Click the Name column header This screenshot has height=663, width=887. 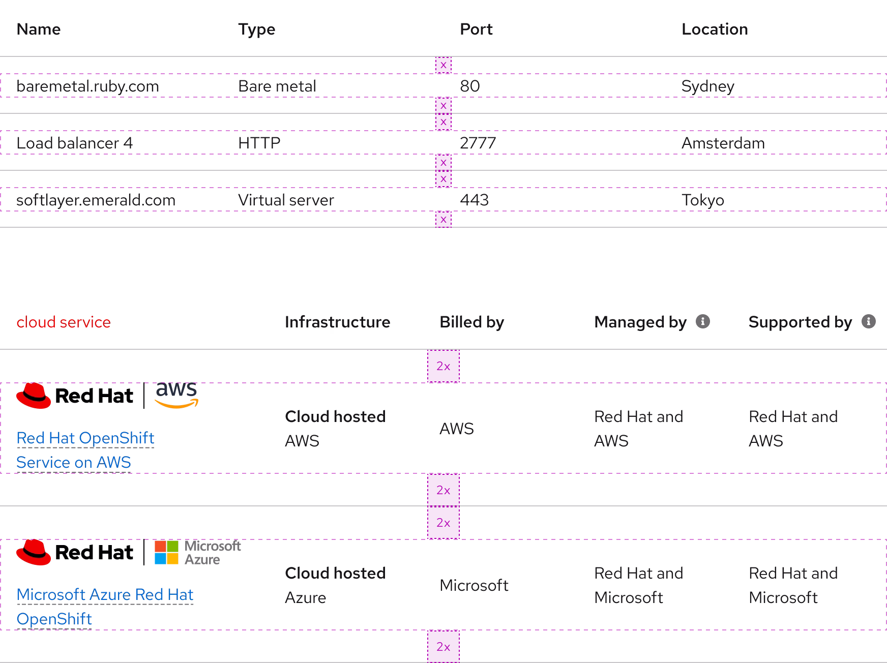tap(38, 29)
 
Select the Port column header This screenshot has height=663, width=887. tap(476, 29)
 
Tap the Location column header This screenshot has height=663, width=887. tap(715, 29)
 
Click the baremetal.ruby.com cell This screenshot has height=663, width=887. tap(87, 86)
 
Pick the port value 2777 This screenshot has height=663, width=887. tap(478, 143)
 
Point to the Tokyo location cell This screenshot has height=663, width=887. tap(702, 200)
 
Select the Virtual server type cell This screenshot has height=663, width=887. tap(286, 200)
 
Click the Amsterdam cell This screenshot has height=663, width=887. tap(723, 143)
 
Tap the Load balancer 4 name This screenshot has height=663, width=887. tap(74, 143)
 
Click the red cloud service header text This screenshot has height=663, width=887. tap(64, 322)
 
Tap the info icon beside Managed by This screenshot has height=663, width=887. tap(702, 321)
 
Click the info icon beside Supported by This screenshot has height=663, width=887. tap(868, 321)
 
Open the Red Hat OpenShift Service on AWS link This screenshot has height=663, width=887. tap(85, 439)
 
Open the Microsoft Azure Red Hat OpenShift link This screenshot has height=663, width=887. tap(105, 595)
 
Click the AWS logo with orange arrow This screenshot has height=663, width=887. tap(176, 395)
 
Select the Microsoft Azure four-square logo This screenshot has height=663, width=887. tap(167, 553)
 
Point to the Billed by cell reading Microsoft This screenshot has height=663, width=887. tap(474, 585)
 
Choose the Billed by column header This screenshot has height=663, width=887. tap(471, 322)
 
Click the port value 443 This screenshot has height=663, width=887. tap(474, 200)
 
